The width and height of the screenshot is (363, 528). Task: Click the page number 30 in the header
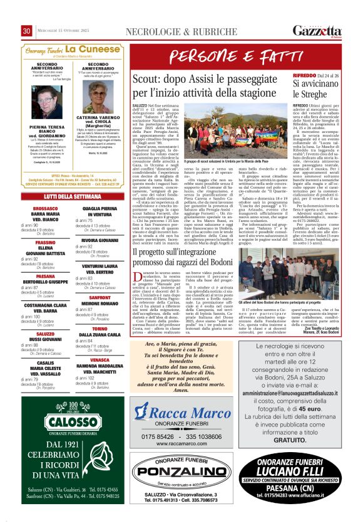pos(26,31)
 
